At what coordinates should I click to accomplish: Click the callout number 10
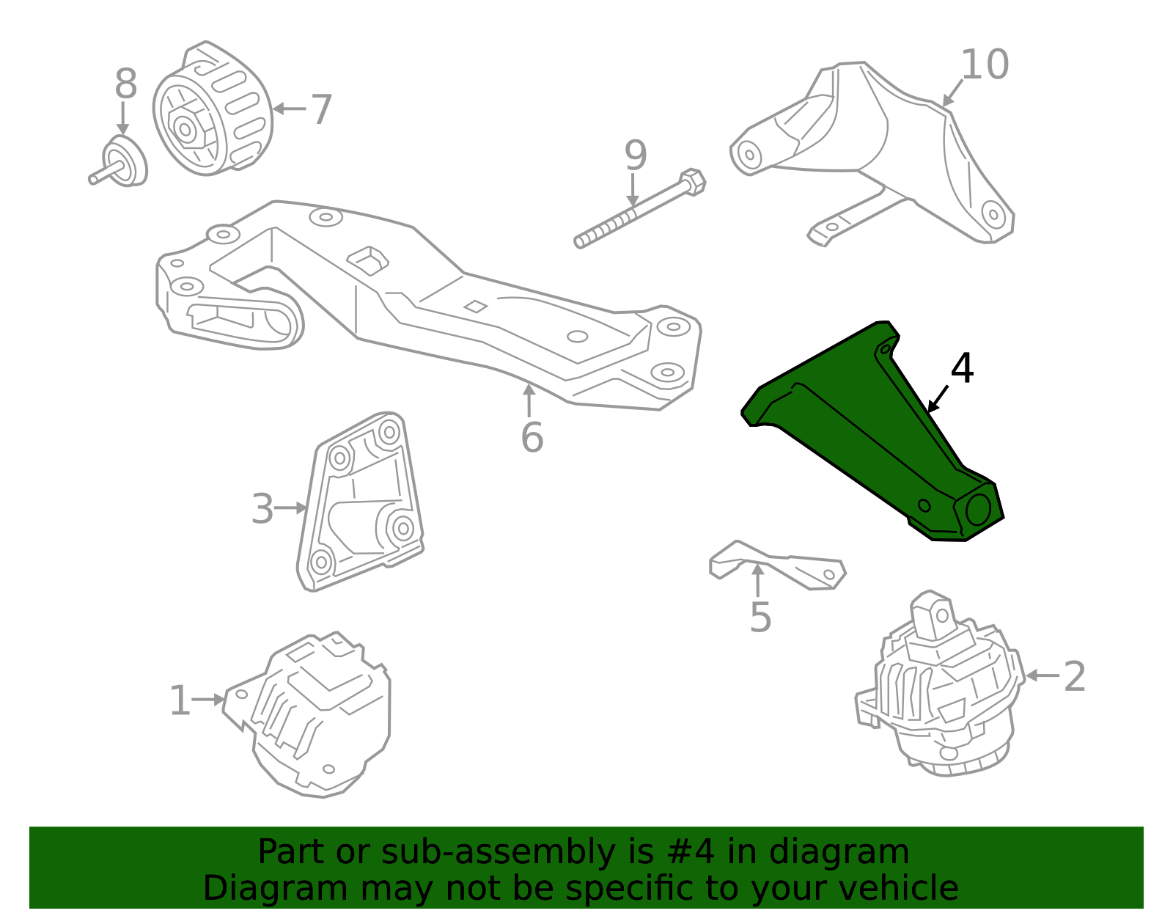(984, 65)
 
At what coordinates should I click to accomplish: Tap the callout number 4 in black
(962, 368)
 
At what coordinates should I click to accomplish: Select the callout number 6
(532, 437)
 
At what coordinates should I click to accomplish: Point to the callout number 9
(636, 155)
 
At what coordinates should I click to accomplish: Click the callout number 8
(126, 84)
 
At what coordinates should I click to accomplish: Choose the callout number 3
(262, 508)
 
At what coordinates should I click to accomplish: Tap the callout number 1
(180, 700)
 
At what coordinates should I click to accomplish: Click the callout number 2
(1074, 675)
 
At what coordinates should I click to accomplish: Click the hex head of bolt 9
(693, 182)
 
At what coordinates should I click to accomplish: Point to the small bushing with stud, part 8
(119, 163)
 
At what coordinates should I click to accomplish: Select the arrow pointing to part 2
(1042, 675)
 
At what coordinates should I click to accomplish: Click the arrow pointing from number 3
(291, 508)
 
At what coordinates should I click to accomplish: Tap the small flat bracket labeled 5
(777, 565)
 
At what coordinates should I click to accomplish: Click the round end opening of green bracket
(978, 510)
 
